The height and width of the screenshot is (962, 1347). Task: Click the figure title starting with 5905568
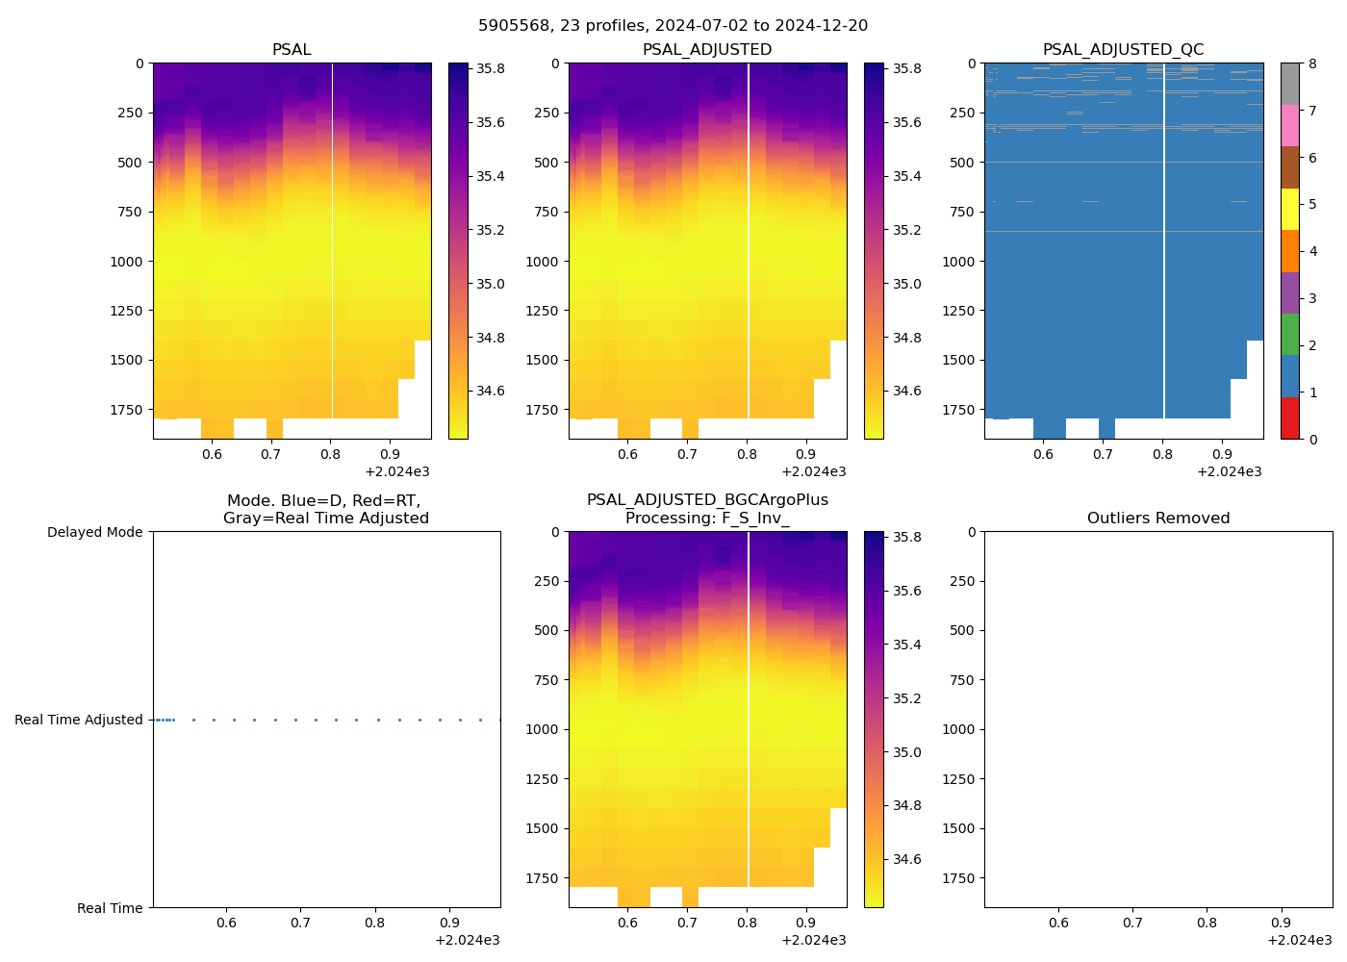(x=673, y=26)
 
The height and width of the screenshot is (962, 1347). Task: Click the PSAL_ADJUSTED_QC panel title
(x=1123, y=50)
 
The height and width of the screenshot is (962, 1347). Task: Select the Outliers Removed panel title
(x=1157, y=519)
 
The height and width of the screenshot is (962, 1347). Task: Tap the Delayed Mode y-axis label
(x=94, y=532)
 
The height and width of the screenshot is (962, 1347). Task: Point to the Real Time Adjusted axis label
(x=78, y=720)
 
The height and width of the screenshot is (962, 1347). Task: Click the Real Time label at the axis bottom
(x=110, y=908)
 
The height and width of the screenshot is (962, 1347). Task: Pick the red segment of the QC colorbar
(x=1289, y=418)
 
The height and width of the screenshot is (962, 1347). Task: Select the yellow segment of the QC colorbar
(x=1289, y=209)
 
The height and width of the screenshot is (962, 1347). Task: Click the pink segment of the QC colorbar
(x=1289, y=125)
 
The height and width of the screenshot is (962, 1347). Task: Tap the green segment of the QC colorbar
(x=1289, y=334)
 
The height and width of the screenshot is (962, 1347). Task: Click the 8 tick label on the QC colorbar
(x=1312, y=63)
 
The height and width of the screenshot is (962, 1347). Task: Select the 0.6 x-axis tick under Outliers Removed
(x=1058, y=924)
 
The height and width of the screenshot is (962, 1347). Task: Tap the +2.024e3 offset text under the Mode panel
(x=467, y=940)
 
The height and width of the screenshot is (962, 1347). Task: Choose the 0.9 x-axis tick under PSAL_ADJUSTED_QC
(x=1222, y=455)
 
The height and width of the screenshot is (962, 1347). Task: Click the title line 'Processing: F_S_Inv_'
(x=707, y=519)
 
